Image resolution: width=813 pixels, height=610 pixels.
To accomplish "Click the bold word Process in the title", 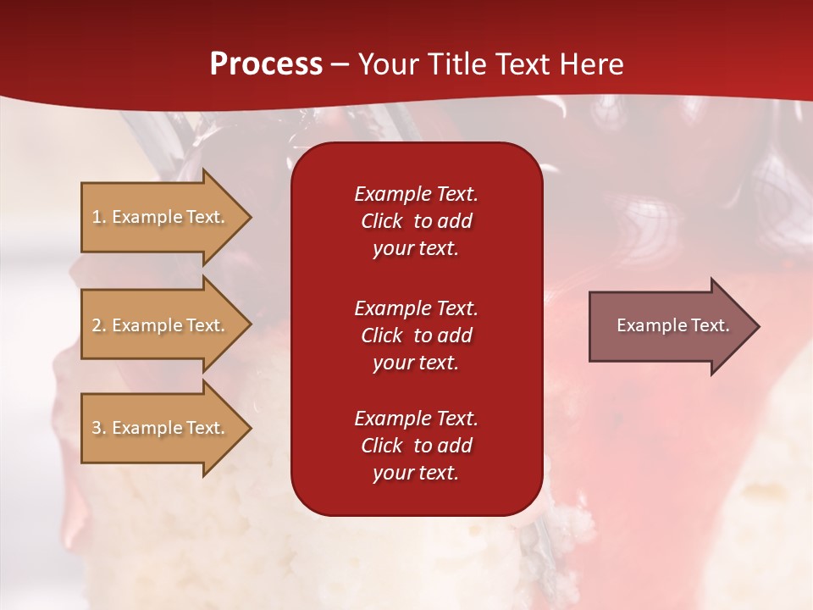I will click(266, 64).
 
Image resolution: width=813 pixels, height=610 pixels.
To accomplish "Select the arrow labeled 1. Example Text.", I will click(161, 217).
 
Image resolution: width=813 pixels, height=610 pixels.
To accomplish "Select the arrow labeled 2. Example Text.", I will click(161, 325).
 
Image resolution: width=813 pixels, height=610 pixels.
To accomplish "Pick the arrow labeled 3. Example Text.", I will click(161, 428).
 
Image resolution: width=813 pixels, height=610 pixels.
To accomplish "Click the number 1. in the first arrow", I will click(99, 217).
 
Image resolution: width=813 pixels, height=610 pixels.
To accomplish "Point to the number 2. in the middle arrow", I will click(99, 325).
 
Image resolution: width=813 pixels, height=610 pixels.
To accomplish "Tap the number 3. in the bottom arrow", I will click(99, 428).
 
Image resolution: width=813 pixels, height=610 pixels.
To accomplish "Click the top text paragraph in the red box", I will click(416, 221).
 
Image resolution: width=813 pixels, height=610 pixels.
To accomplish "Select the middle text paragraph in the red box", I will click(416, 335).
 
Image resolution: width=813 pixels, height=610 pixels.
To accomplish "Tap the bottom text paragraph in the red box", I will click(416, 446).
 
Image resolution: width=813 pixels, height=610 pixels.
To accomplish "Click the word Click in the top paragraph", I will click(382, 221).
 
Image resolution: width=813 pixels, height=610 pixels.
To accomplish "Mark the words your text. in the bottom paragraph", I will click(416, 473).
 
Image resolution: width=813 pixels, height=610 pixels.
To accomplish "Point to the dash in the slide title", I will click(340, 64).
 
